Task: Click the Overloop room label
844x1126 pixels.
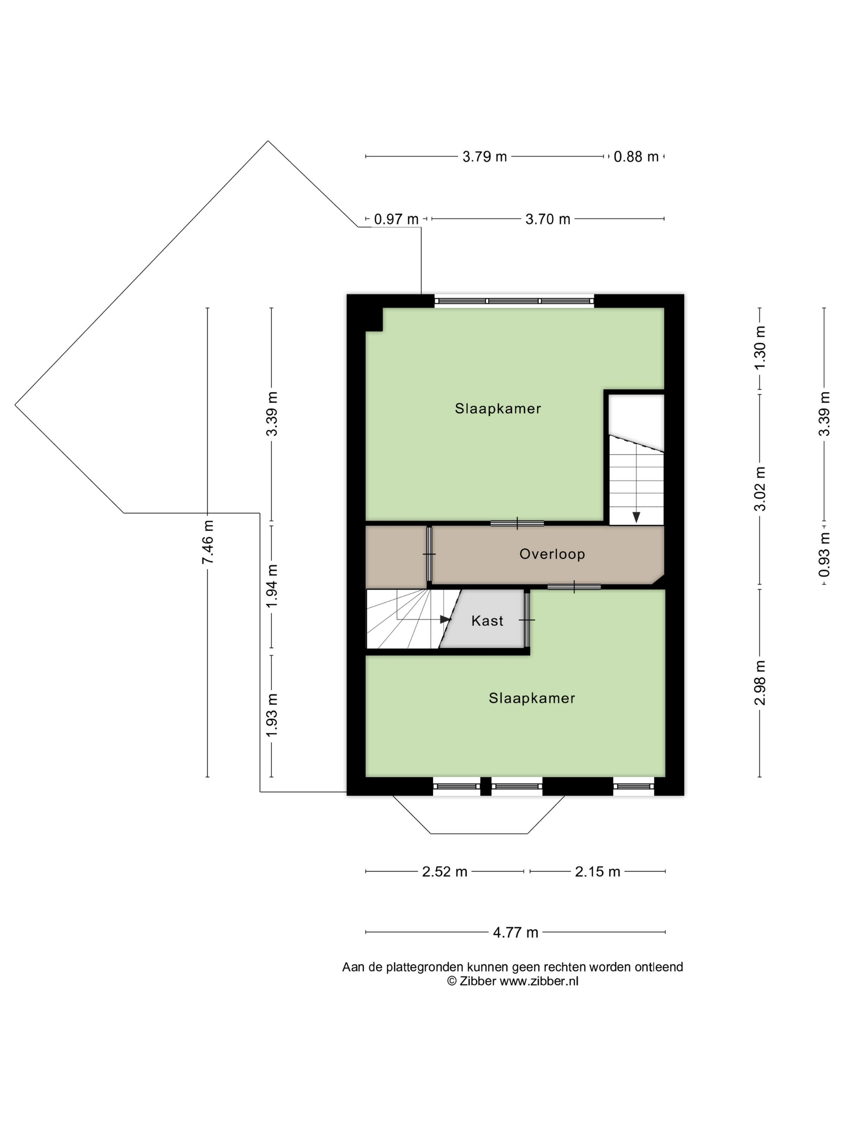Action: pyautogui.click(x=552, y=554)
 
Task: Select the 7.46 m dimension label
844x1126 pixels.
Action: pyautogui.click(x=207, y=542)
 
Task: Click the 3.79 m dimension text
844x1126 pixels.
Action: pyautogui.click(x=485, y=156)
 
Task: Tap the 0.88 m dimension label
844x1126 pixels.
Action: pyautogui.click(x=636, y=156)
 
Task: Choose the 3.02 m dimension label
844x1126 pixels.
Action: pyautogui.click(x=760, y=489)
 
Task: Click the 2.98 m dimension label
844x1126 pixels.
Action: pyautogui.click(x=760, y=682)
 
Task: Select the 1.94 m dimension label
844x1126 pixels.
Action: pyautogui.click(x=272, y=586)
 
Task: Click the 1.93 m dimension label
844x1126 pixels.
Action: pyautogui.click(x=272, y=715)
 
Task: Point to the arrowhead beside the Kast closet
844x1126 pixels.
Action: pyautogui.click(x=446, y=620)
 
